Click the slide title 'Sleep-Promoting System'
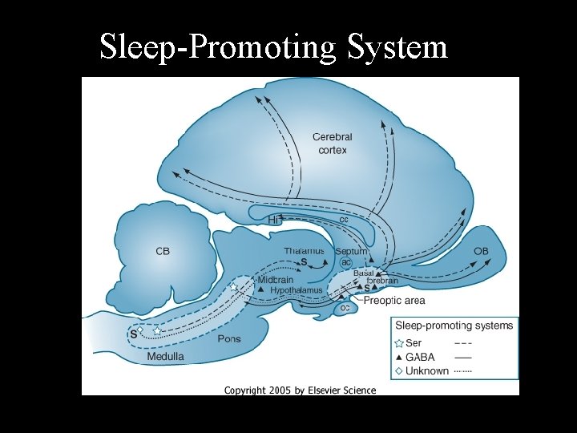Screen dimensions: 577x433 click(272, 47)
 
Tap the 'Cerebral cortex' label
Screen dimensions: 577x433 click(332, 144)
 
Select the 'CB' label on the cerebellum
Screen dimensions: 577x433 click(163, 251)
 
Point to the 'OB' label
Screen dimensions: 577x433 click(481, 251)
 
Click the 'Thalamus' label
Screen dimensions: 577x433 click(304, 251)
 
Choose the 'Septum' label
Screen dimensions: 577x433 click(351, 251)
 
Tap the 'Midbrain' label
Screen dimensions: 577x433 click(275, 280)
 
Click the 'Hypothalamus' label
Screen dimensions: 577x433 click(297, 290)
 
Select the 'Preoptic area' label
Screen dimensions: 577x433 click(394, 301)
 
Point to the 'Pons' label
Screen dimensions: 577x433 click(228, 339)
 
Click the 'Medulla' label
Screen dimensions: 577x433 click(165, 356)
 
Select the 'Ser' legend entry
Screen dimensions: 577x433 click(414, 343)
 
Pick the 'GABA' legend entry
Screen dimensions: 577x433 click(421, 358)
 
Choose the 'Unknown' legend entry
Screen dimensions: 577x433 click(427, 371)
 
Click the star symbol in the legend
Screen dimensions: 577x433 click(399, 343)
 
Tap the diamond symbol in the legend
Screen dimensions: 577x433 click(399, 371)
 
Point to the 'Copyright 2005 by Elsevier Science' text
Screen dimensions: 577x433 click(300, 391)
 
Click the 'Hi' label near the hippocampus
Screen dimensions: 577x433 click(274, 219)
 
